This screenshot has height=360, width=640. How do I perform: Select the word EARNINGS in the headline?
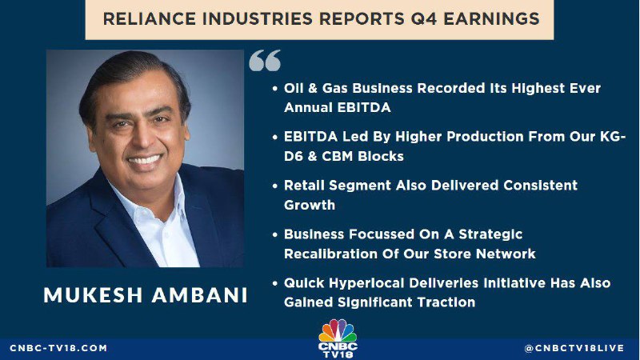coord(491,18)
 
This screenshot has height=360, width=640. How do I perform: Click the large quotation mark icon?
coord(265,61)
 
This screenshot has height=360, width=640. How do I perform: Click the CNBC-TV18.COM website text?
coord(58,348)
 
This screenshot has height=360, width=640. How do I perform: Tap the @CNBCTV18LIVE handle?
coord(574,348)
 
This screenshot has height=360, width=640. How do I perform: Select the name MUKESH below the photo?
coord(93,295)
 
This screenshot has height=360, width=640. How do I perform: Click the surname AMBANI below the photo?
coord(199,295)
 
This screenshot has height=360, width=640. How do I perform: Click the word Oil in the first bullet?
coord(292,88)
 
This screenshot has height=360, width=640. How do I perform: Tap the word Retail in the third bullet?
coord(304,186)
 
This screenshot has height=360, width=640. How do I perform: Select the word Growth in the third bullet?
coord(310,205)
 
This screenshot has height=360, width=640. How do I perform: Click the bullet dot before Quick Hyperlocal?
coord(275,283)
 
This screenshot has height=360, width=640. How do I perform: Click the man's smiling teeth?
coord(144,159)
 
